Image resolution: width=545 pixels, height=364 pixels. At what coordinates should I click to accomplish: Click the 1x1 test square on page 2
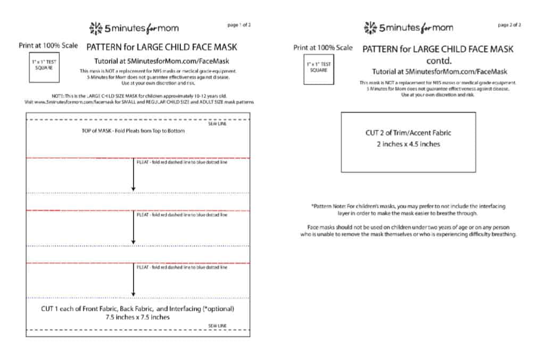pos(318,70)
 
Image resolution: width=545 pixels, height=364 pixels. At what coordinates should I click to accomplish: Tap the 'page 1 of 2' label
pos(238,25)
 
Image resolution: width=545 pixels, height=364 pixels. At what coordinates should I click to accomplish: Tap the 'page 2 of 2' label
pos(509,25)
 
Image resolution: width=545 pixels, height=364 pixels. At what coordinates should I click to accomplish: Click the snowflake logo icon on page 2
pos(370,28)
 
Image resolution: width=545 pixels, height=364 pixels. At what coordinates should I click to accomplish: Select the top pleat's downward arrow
pos(133,174)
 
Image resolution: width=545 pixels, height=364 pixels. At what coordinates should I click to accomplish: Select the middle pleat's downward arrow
pos(133,227)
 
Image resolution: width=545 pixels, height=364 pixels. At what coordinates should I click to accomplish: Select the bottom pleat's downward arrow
pos(133,280)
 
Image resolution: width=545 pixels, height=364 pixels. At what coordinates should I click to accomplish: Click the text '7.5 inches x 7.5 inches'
pos(138,317)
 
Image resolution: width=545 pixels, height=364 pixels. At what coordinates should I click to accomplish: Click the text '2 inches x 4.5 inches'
pos(408,144)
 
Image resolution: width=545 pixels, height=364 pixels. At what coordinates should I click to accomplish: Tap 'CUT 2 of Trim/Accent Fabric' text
pos(408,133)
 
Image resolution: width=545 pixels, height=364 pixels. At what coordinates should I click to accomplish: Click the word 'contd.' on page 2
pos(438,60)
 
